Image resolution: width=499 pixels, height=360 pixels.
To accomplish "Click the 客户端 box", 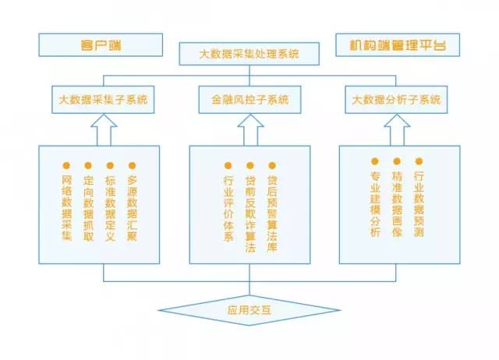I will pos(101,44).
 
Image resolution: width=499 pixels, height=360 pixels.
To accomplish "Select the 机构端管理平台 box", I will pos(398,44).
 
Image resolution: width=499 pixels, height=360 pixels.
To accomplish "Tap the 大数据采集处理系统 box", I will pos(249,55).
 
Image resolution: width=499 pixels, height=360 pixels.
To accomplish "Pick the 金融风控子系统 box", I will pos(249,99).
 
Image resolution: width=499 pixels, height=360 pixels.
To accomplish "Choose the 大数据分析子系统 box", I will pos(396,99).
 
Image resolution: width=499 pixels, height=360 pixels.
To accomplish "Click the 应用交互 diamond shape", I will pos(249,310).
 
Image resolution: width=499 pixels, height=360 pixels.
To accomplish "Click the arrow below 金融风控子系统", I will pos(249,129).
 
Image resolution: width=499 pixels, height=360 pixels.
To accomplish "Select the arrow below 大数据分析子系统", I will pos(396,129).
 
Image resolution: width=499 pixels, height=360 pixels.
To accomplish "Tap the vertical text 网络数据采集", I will pos(66,207).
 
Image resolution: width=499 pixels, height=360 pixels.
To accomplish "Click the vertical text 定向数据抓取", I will pos(88,207).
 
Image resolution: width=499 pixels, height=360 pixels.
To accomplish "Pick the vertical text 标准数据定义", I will pos(110,207).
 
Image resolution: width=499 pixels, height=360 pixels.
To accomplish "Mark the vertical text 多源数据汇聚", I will pos(132,207).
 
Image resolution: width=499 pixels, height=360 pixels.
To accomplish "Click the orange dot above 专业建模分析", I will pos(375,161).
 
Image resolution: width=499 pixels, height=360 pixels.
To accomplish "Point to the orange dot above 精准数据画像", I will pos(397,161).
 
